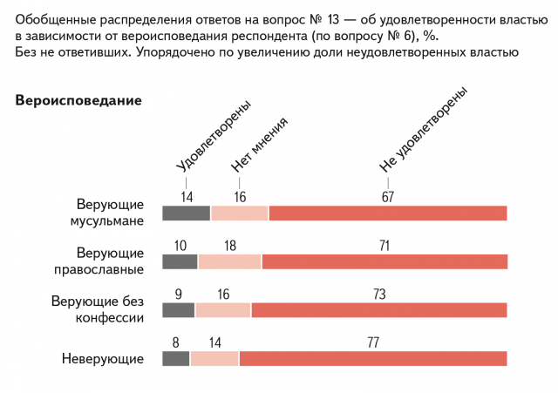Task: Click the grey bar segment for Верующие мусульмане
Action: pyautogui.click(x=187, y=213)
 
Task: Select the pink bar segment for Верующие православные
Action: pyautogui.click(x=229, y=261)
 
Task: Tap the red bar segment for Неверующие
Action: pyautogui.click(x=373, y=357)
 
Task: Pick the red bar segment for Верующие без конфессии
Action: pyautogui.click(x=378, y=309)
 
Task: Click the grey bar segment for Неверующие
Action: pyautogui.click(x=176, y=357)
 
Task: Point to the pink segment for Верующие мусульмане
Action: pyautogui.click(x=240, y=213)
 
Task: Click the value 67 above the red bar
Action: pyautogui.click(x=388, y=197)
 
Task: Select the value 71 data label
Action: pyautogui.click(x=384, y=246)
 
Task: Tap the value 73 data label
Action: pyautogui.click(x=379, y=295)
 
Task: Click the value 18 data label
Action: pyautogui.click(x=230, y=246)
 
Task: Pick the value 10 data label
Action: pyautogui.click(x=180, y=246)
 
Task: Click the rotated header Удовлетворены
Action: pyautogui.click(x=213, y=137)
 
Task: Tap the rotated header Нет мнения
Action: pyautogui.click(x=259, y=145)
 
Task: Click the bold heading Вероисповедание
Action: pyautogui.click(x=78, y=100)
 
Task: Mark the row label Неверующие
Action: pyautogui.click(x=102, y=358)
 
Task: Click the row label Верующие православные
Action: pyautogui.click(x=109, y=261)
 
